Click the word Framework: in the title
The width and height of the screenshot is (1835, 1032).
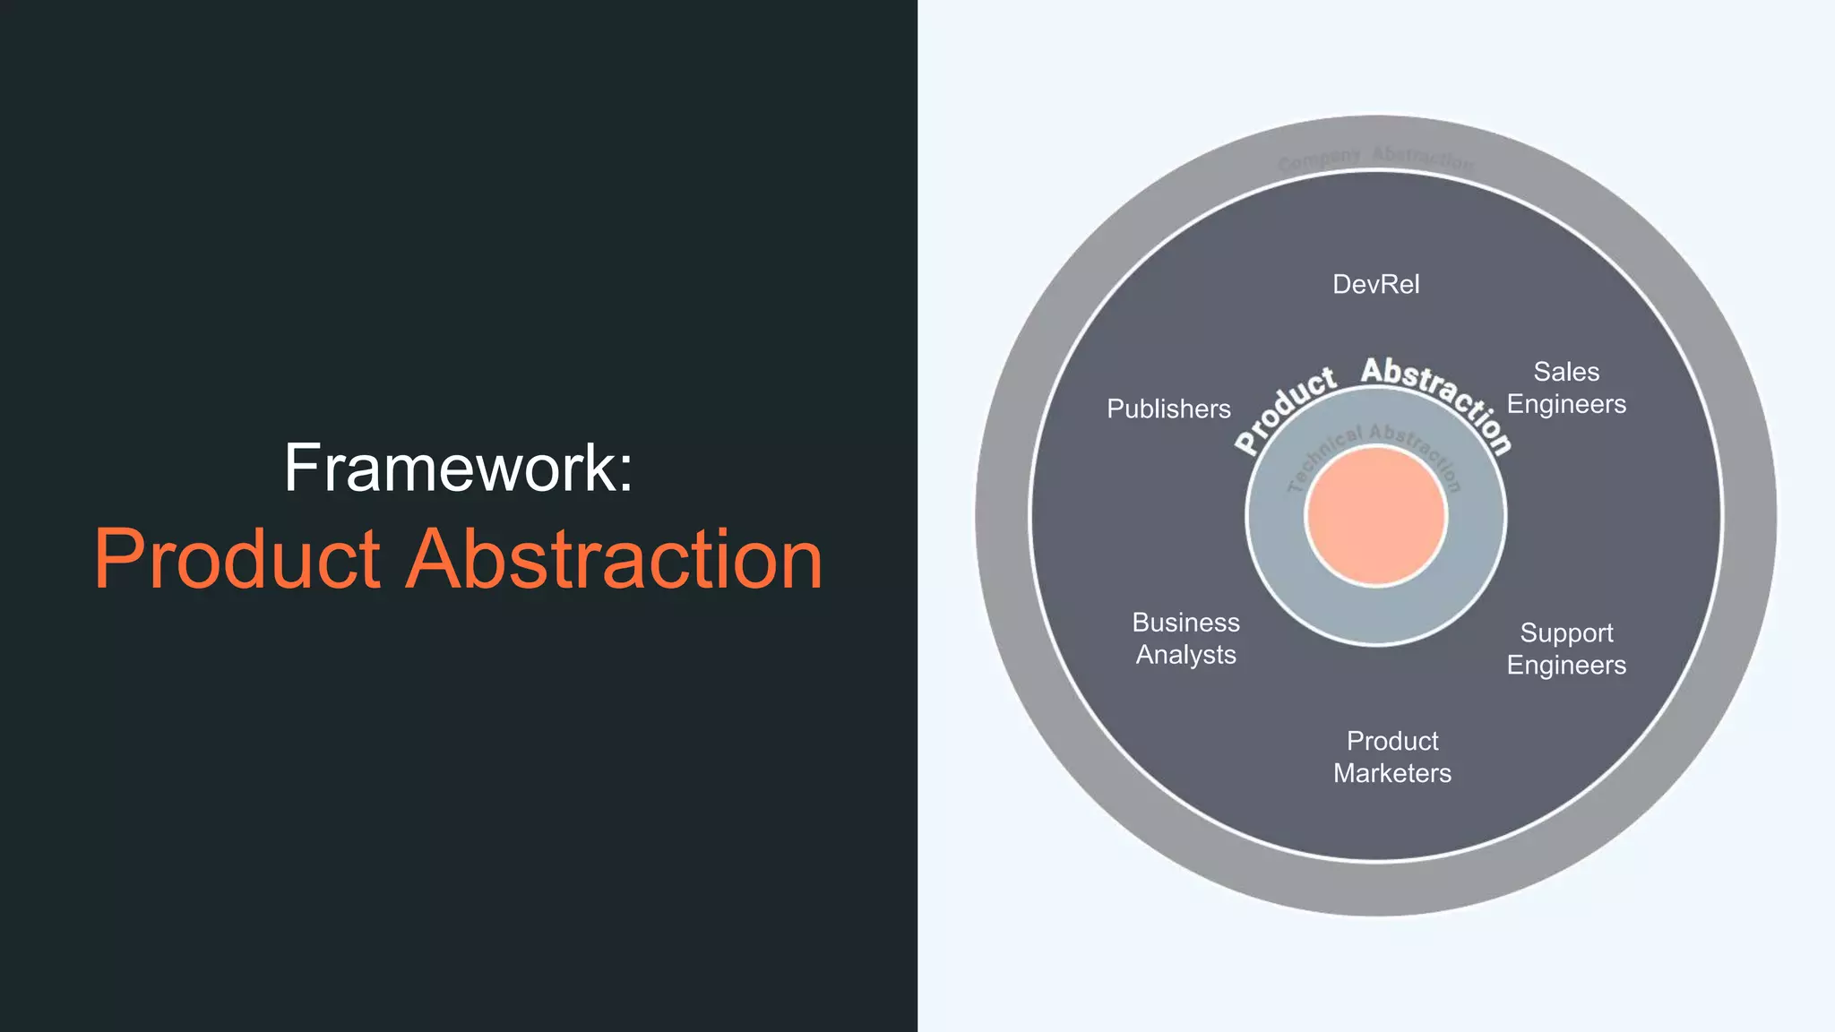458,468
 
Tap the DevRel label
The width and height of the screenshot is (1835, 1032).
1376,285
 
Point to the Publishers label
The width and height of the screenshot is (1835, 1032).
1168,409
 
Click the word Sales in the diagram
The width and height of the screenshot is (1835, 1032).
1566,372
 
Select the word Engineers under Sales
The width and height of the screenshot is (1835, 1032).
1566,404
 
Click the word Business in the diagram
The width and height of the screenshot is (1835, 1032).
1185,623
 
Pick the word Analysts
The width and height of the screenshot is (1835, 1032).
1185,655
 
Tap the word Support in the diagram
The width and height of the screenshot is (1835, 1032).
1566,633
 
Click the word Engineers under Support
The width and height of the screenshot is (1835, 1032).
1566,666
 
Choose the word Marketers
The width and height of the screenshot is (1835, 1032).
1392,773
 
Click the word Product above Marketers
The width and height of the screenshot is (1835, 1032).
1392,741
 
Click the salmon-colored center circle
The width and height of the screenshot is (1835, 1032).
1376,517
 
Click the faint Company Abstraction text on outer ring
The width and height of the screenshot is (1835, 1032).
1375,159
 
